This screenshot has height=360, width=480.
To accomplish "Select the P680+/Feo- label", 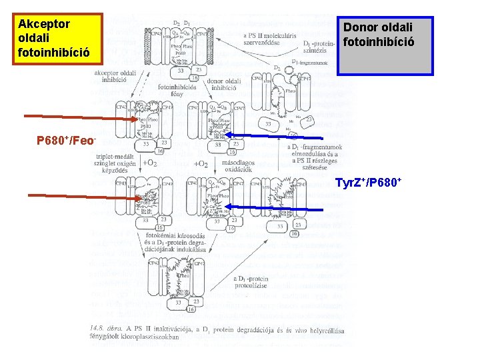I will pos(67,141).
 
